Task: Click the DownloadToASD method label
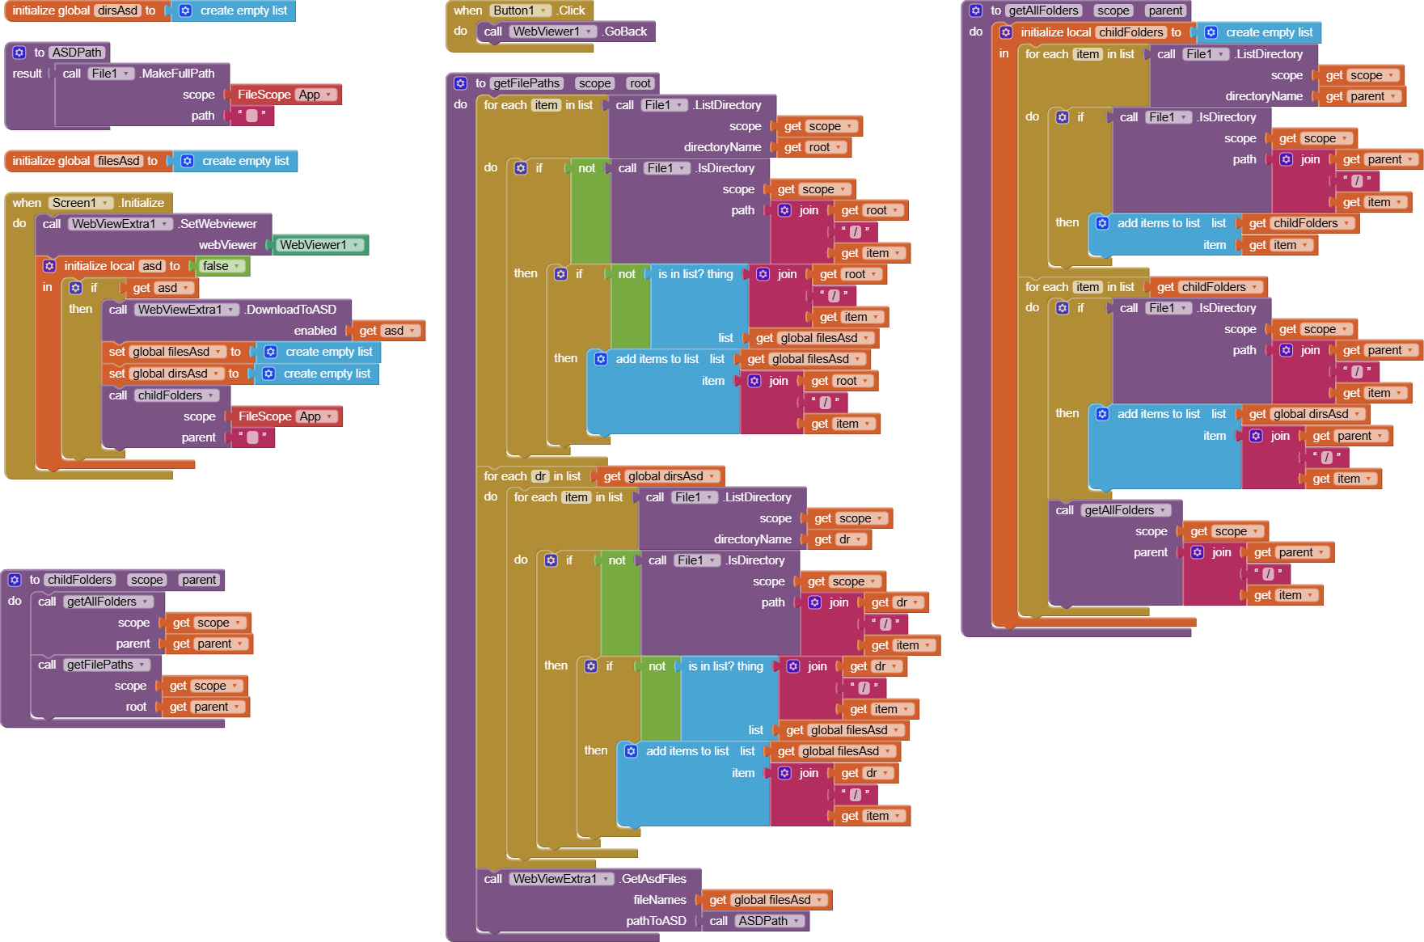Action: pyautogui.click(x=291, y=310)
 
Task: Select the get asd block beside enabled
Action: pyautogui.click(x=387, y=331)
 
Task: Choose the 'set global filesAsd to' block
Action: pyautogui.click(x=117, y=352)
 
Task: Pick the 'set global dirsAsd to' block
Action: pyautogui.click(x=117, y=374)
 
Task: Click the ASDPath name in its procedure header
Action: pyautogui.click(x=77, y=53)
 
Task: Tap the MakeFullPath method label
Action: pyautogui.click(x=177, y=74)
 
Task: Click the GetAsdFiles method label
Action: pyautogui.click(x=653, y=879)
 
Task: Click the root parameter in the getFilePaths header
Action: pyautogui.click(x=640, y=83)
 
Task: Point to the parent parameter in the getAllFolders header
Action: pyautogui.click(x=1165, y=11)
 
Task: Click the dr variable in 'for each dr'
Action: pyautogui.click(x=540, y=476)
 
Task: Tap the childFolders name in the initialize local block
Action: pyautogui.click(x=1130, y=32)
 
